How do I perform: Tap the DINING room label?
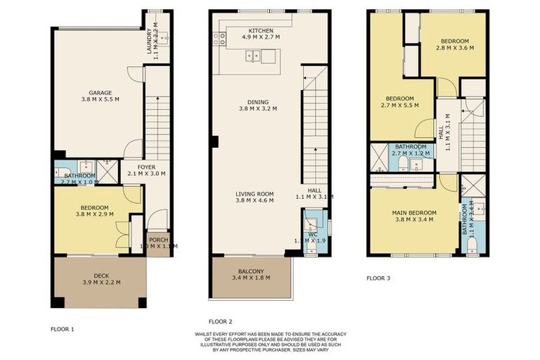point(257,101)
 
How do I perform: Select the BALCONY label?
point(250,271)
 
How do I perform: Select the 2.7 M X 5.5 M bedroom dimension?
point(399,105)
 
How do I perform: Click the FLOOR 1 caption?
point(62,328)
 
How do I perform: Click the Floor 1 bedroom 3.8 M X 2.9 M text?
point(94,214)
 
